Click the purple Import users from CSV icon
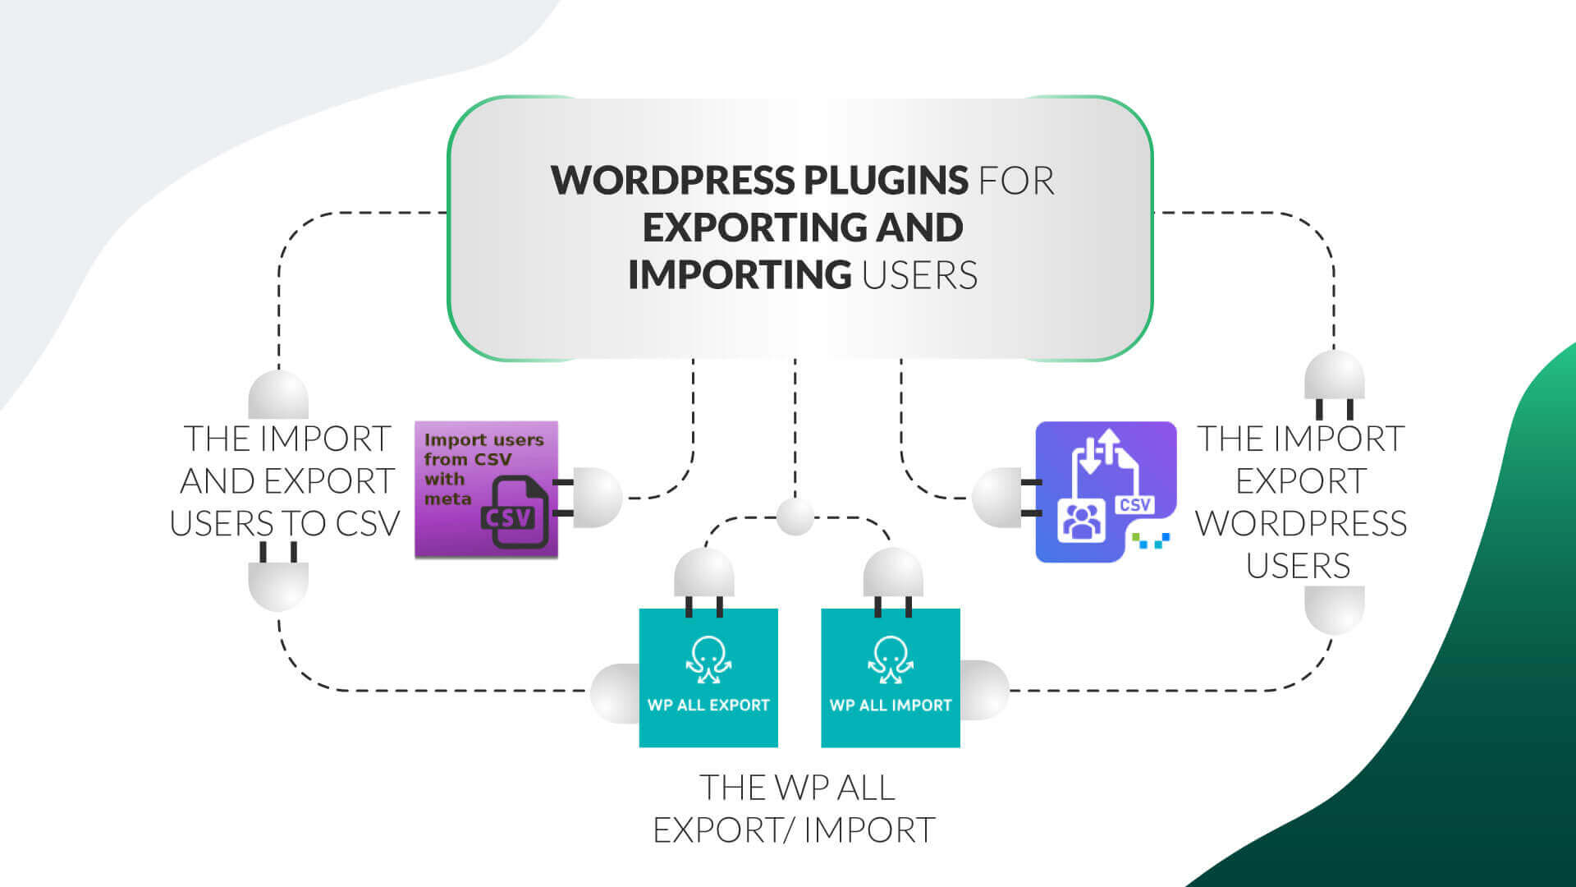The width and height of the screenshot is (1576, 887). pos(486,489)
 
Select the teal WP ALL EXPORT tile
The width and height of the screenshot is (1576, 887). pos(708,678)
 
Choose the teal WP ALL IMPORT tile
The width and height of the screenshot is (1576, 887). pos(891,678)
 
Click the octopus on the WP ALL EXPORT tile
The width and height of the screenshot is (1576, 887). pos(708,660)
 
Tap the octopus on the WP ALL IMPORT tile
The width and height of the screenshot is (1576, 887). pos(891,660)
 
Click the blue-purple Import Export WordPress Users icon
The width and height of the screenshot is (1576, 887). pos(1106,492)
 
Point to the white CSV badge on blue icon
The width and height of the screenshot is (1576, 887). pos(1135,504)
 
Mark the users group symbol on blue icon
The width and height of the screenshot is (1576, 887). pos(1081,520)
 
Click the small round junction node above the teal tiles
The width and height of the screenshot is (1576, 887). pos(795,517)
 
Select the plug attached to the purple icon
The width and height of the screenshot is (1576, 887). pos(588,498)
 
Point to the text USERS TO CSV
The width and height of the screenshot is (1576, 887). pos(285,524)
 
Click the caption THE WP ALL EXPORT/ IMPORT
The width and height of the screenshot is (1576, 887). pos(795,809)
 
